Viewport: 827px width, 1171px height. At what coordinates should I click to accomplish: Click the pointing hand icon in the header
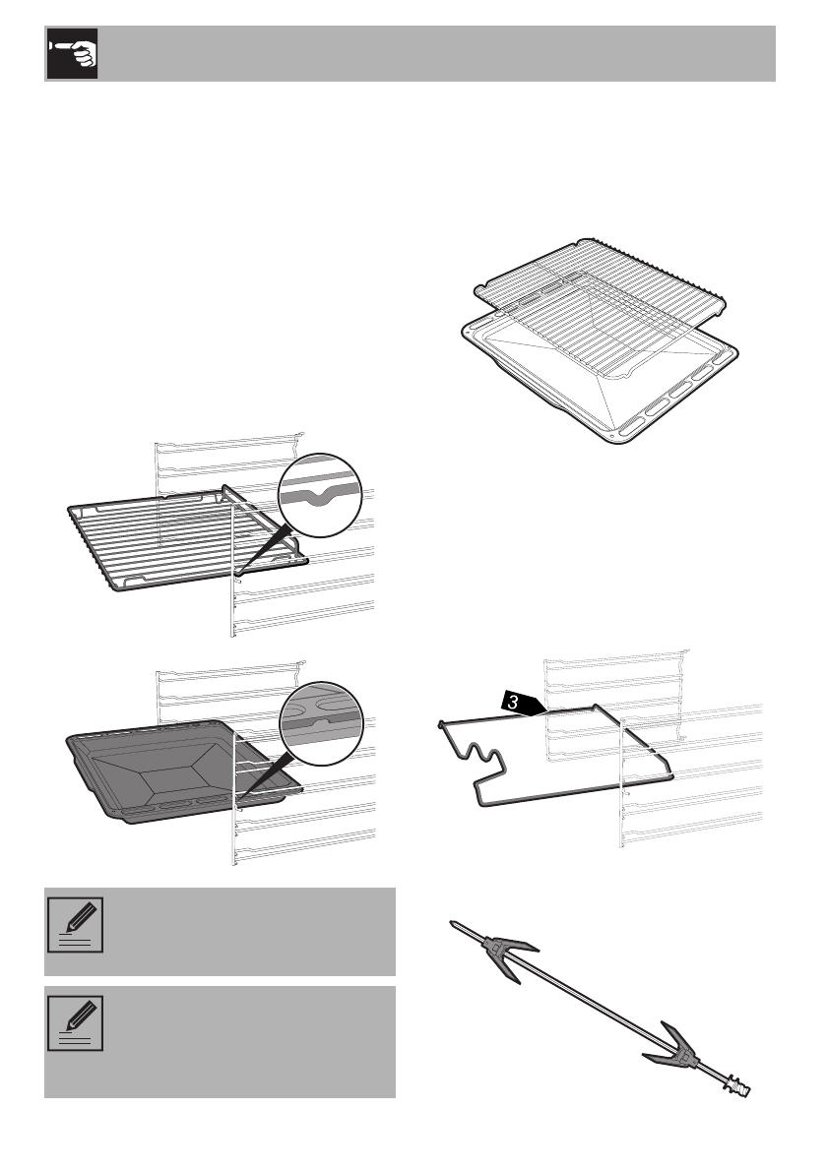click(71, 54)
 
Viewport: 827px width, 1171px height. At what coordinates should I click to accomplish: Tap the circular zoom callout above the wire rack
click(321, 495)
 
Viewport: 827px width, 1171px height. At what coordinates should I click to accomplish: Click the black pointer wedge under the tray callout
click(261, 773)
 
